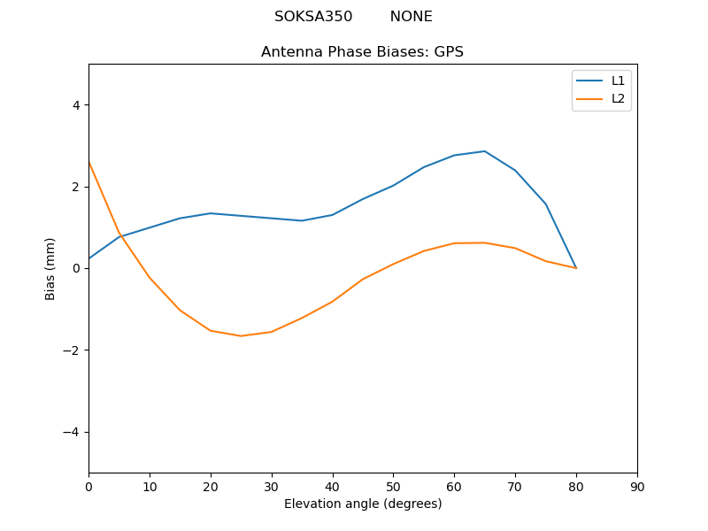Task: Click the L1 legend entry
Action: [618, 81]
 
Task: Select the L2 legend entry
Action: [618, 98]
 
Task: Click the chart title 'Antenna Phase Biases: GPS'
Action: [362, 52]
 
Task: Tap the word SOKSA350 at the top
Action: [313, 17]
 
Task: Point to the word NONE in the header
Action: [411, 17]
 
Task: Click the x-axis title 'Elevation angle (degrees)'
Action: [362, 504]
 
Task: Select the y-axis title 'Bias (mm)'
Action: [50, 268]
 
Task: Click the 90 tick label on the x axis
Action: [636, 486]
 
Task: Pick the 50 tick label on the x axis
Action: [393, 486]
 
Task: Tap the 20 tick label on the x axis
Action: [211, 486]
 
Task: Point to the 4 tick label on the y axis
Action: [75, 105]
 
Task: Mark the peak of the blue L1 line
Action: [484, 151]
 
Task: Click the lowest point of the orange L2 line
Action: [241, 335]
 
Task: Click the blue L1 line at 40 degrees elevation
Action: [332, 215]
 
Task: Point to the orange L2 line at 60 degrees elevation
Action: [454, 243]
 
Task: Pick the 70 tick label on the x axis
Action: [515, 486]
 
